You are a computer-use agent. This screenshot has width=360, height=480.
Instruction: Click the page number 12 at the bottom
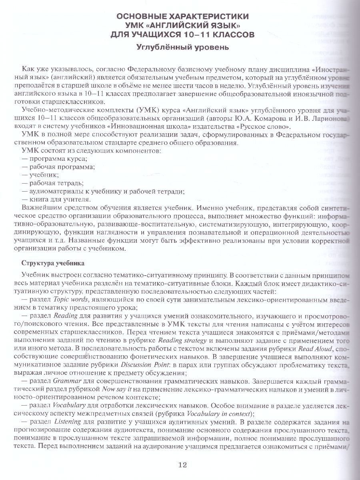(182, 465)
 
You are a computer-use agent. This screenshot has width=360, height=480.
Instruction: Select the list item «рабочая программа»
(61, 167)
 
